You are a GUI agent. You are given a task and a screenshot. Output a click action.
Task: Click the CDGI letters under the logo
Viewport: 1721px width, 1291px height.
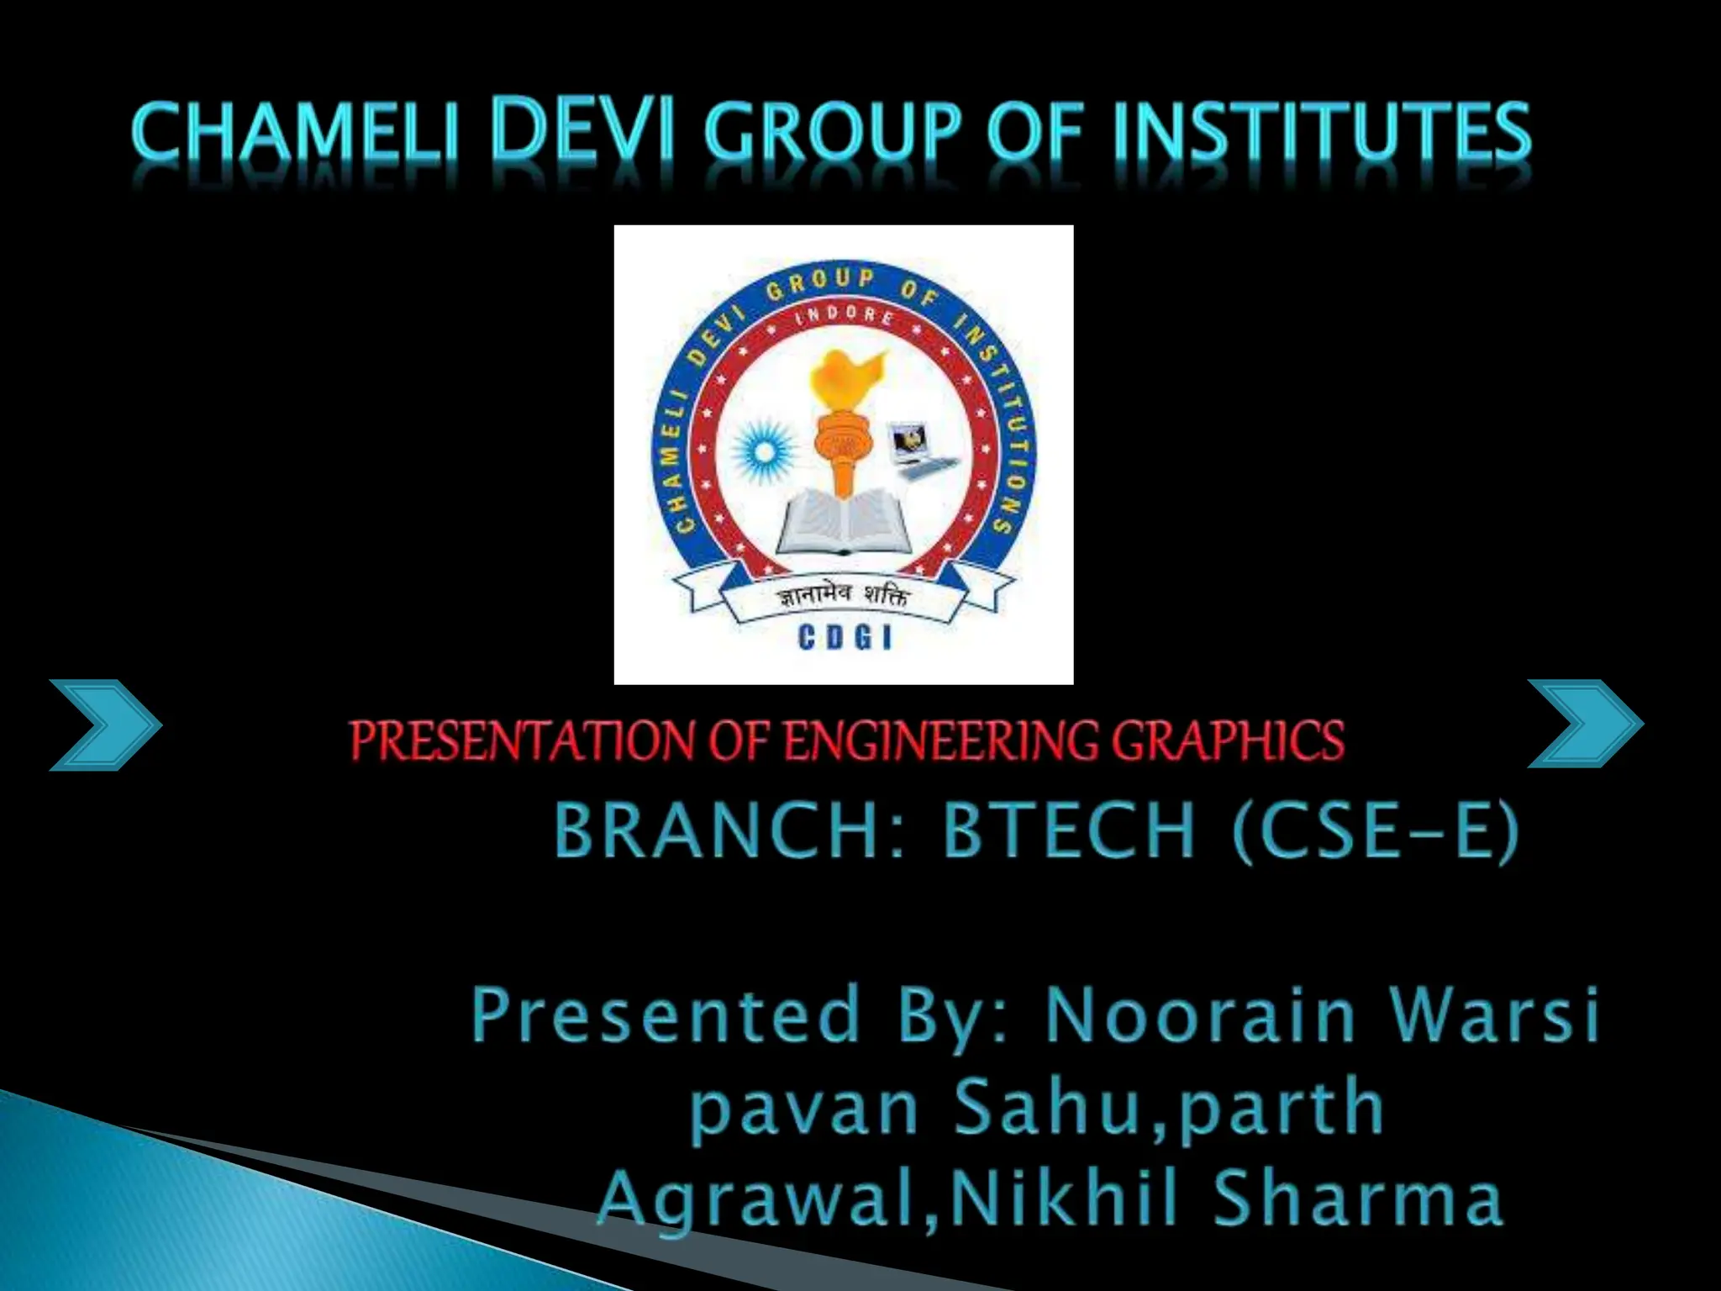[844, 640]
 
